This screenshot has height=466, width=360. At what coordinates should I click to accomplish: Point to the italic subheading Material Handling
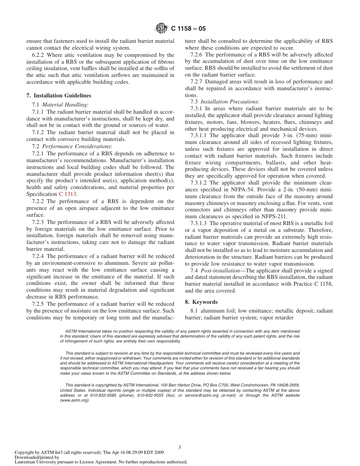[x=65, y=104]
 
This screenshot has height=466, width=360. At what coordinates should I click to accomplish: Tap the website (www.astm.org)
[x=75, y=400]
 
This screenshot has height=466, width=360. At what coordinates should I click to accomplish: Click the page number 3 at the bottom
[x=180, y=447]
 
